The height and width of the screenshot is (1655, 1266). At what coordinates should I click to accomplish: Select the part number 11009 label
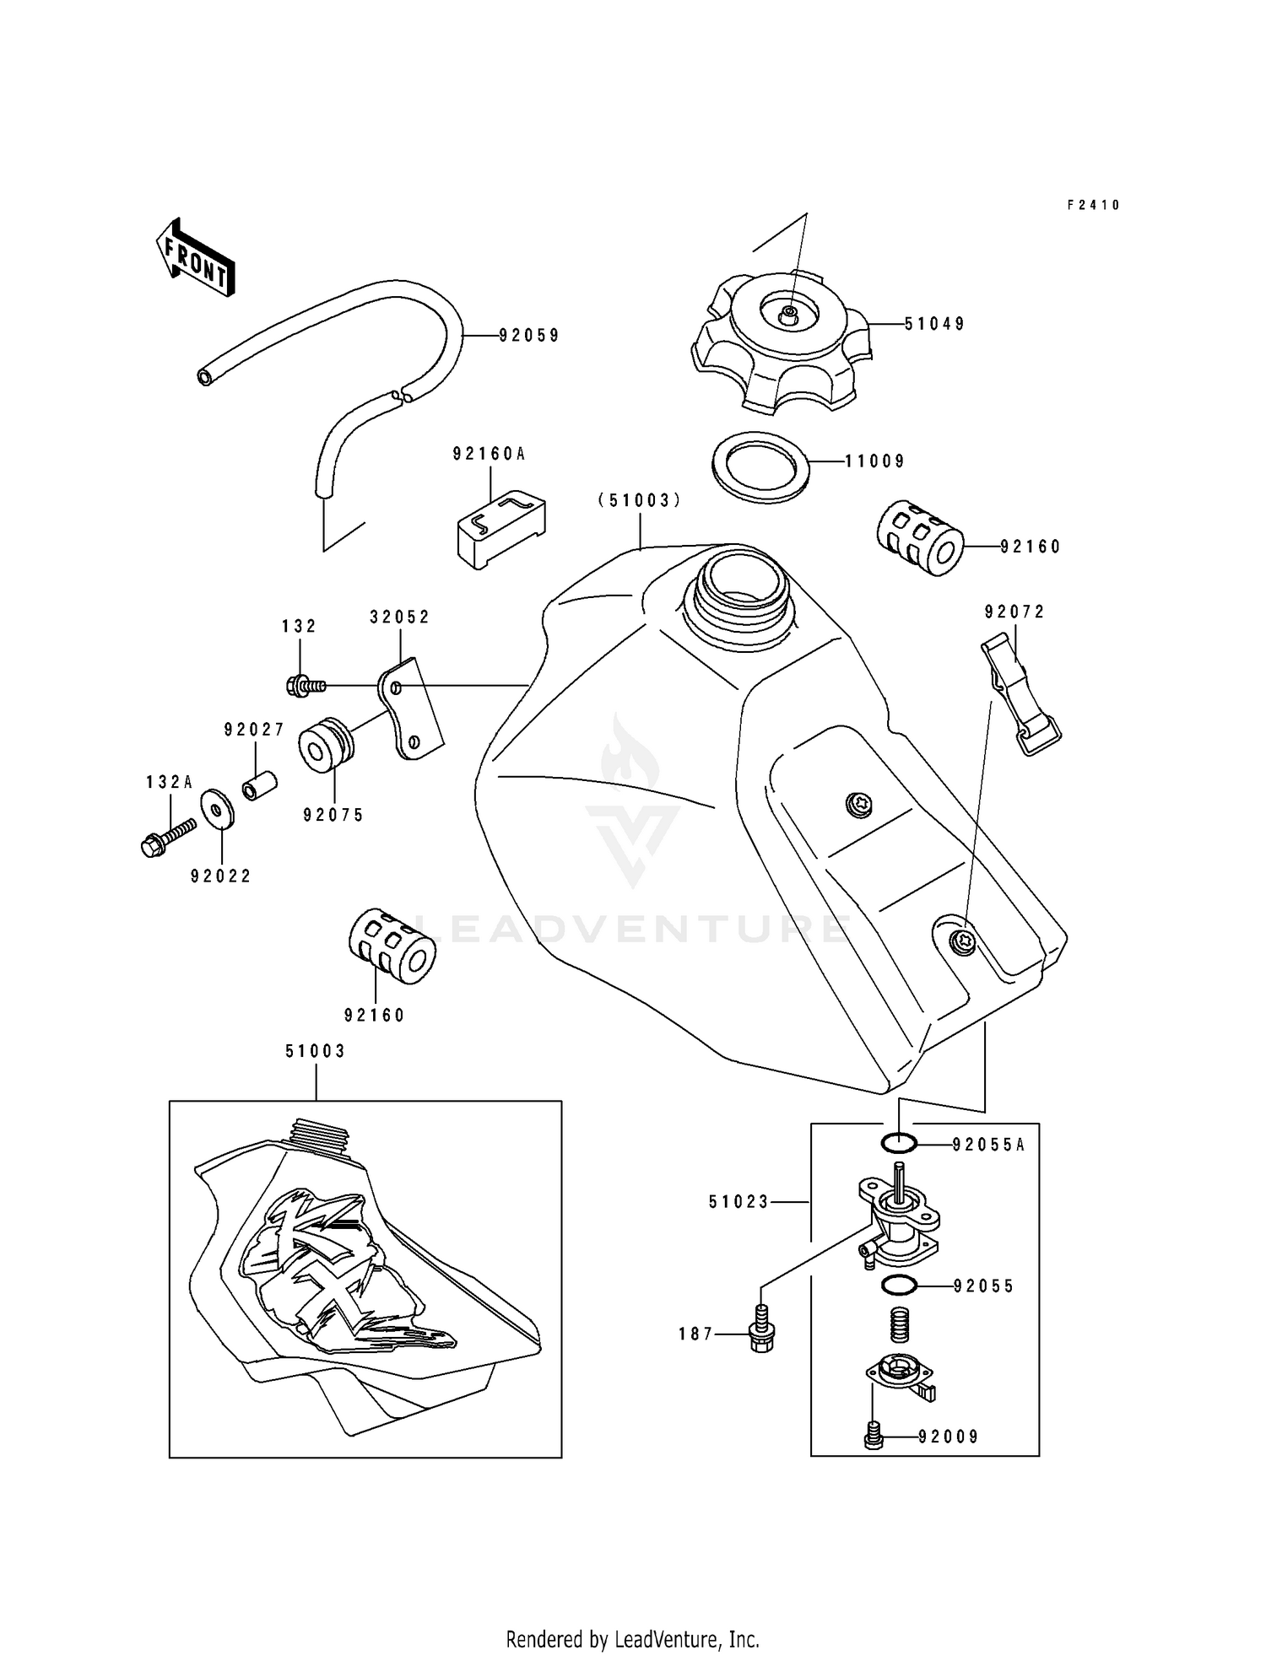point(875,461)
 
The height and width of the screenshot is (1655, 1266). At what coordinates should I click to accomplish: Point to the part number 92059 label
point(529,336)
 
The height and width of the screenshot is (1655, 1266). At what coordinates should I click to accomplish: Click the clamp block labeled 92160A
point(501,528)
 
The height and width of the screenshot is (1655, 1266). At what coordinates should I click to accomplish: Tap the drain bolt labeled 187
point(761,1334)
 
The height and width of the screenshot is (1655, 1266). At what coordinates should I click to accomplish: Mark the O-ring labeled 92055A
point(900,1145)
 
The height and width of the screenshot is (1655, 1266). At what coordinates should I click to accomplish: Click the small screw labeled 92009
point(874,1436)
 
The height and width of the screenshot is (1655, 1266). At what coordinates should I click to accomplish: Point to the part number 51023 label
point(738,1202)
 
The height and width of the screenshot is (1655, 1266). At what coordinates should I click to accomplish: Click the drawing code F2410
point(1093,205)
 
